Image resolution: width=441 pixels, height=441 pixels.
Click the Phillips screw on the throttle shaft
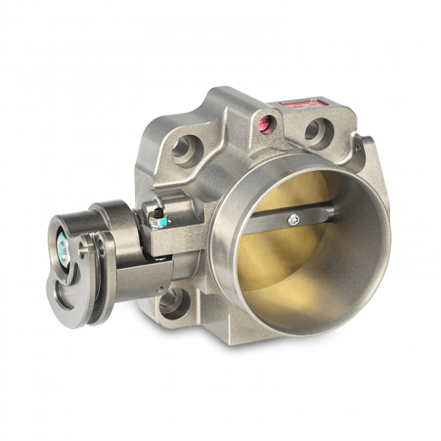pyautogui.click(x=294, y=219)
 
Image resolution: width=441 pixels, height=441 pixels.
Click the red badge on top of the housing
pyautogui.click(x=301, y=105)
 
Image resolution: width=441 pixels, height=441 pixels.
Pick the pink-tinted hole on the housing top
pyautogui.click(x=266, y=124)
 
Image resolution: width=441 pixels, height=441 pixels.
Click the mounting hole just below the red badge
pyautogui.click(x=316, y=132)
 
